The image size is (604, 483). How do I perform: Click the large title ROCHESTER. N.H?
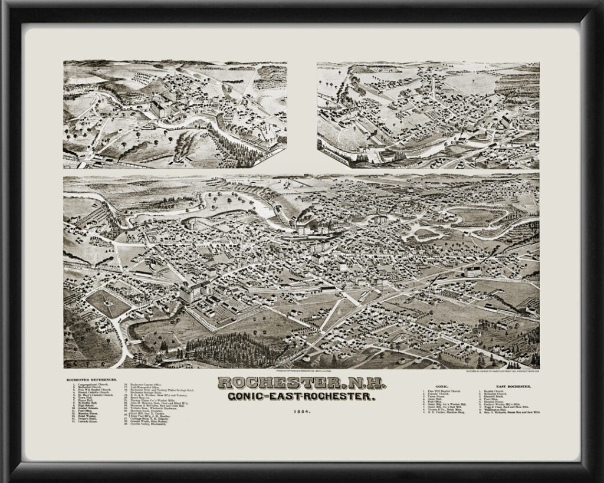[x=301, y=384]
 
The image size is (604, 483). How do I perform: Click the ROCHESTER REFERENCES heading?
[x=91, y=380]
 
